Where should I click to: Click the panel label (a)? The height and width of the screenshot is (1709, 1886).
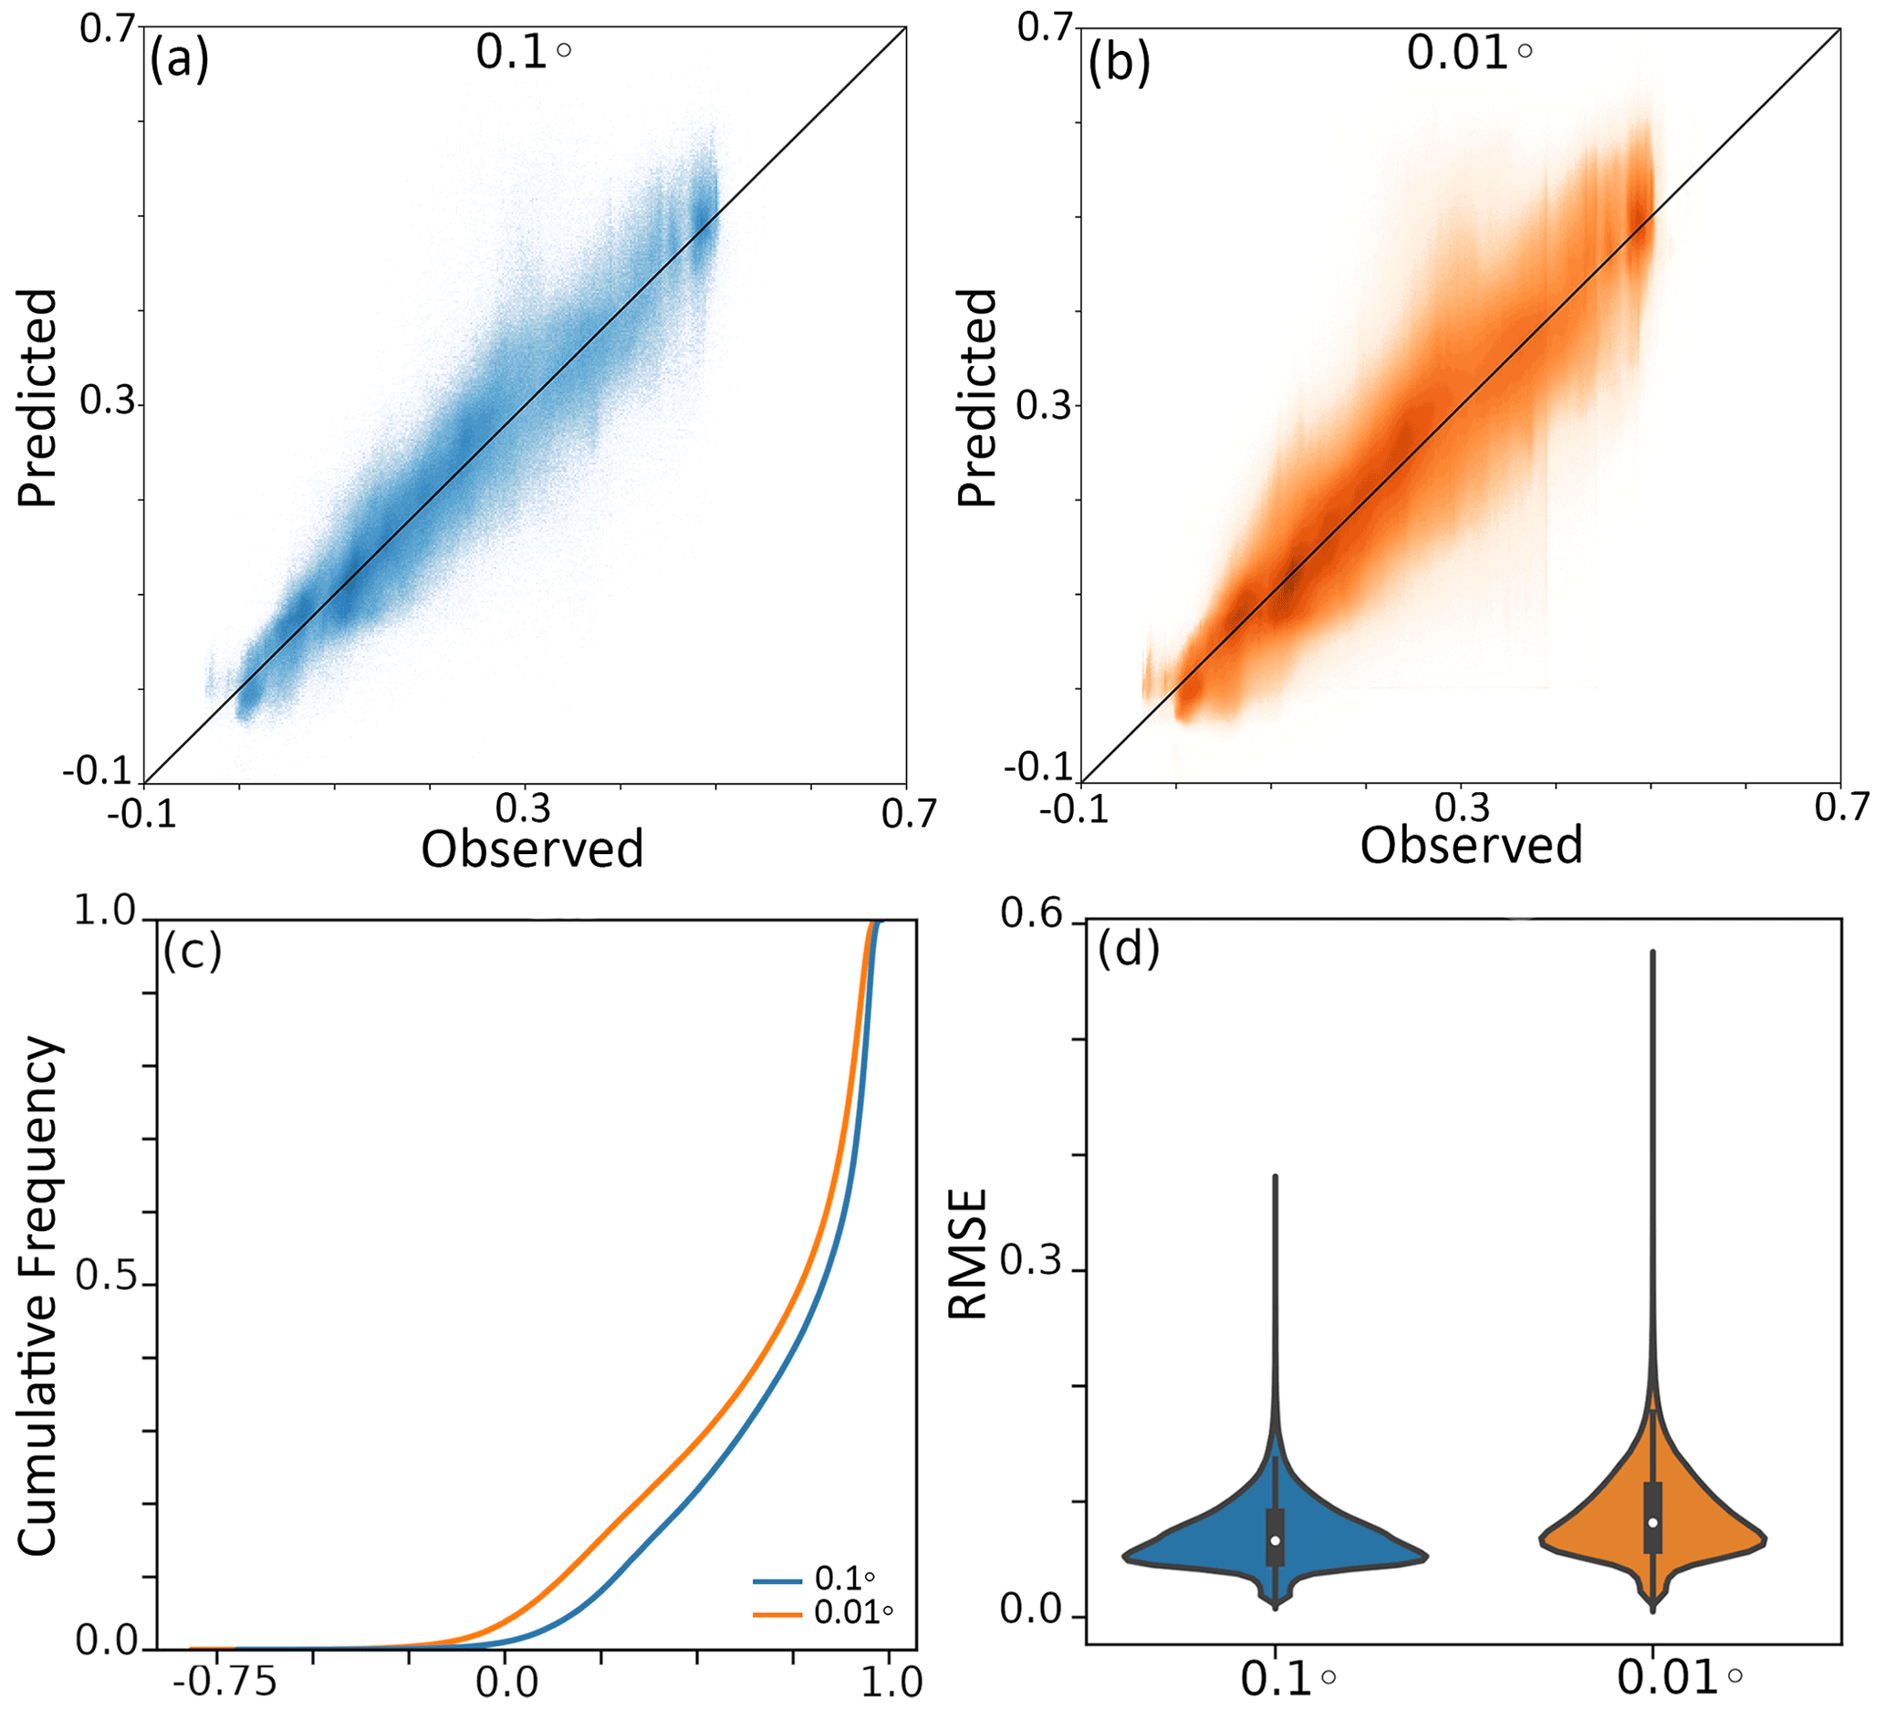[x=179, y=61]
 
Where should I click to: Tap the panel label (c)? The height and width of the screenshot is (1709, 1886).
[x=192, y=952]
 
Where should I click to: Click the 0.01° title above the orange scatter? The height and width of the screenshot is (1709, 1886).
[x=1468, y=52]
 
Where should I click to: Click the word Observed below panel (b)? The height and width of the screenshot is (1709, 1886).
[x=1471, y=846]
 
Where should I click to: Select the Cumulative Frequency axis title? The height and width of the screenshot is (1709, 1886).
[x=39, y=1296]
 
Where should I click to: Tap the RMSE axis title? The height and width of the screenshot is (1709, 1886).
[x=968, y=1255]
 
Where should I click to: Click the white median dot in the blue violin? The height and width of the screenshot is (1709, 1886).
[x=1275, y=1540]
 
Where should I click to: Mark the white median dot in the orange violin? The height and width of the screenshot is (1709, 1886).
[x=1653, y=1522]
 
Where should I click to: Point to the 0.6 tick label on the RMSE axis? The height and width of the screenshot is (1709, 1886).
[x=1031, y=914]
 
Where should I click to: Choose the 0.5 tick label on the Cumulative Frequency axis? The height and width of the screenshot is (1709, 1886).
[x=106, y=1277]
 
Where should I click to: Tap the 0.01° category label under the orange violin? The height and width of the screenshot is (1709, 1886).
[x=1678, y=1678]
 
